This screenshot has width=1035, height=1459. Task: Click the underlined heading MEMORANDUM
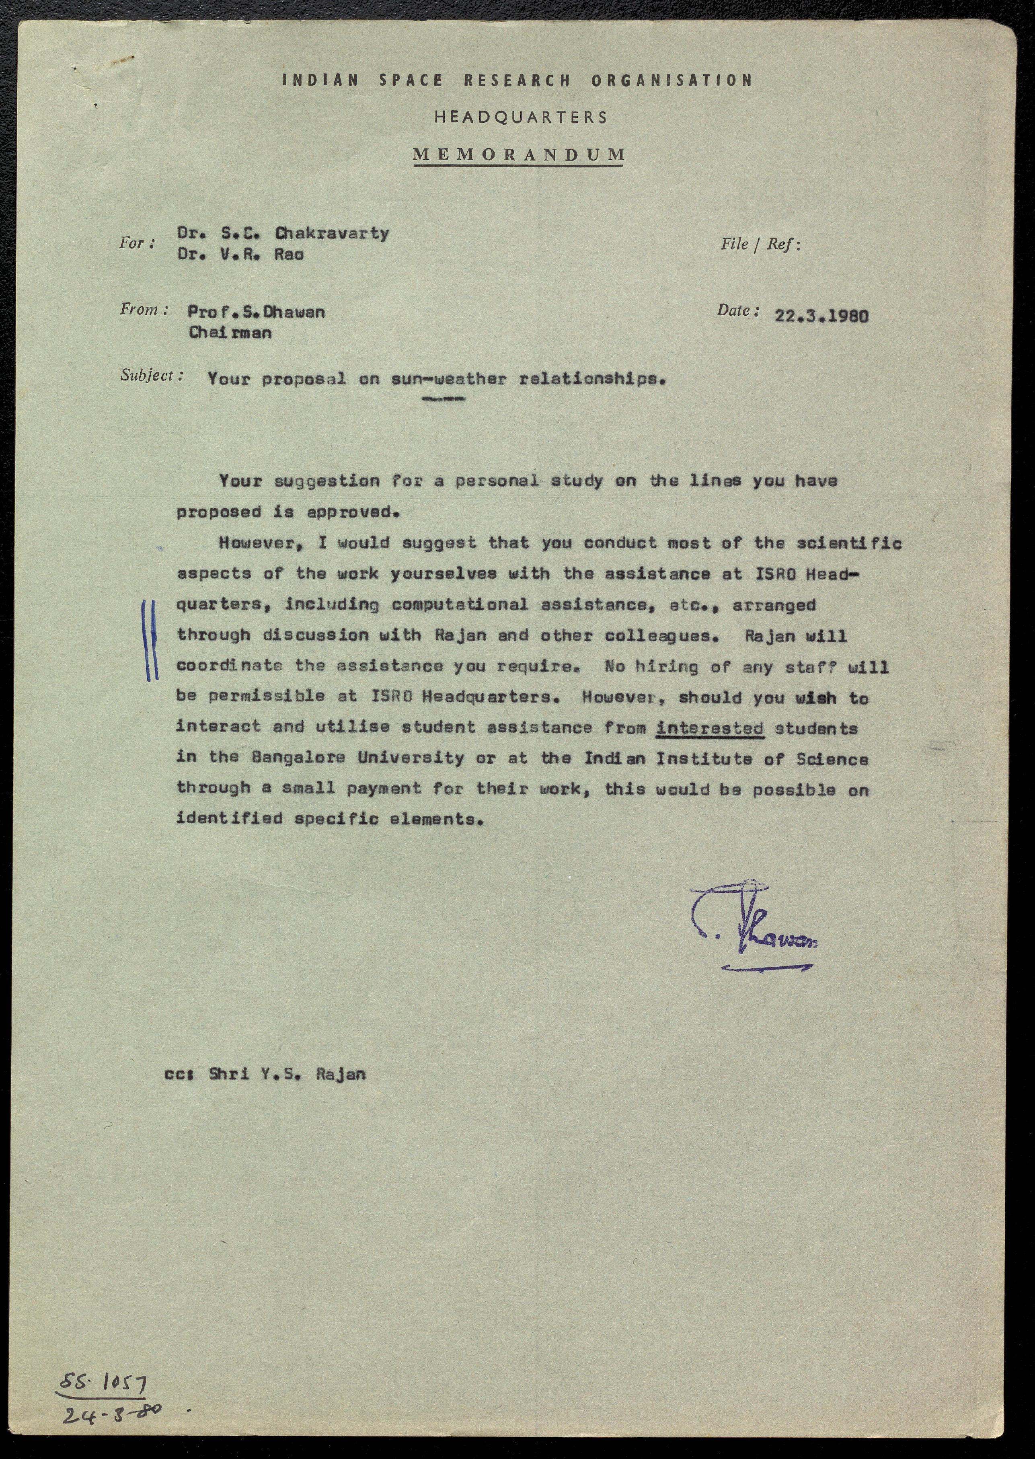[x=519, y=154]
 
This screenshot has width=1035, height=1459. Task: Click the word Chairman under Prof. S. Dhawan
[x=230, y=333]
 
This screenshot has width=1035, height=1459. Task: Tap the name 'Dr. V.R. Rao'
[x=240, y=254]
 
